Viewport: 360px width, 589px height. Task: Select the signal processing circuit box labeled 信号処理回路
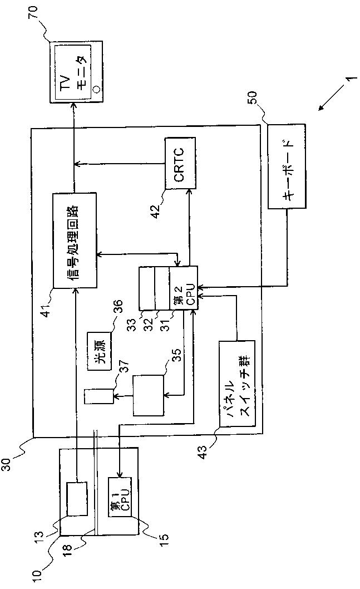click(x=76, y=240)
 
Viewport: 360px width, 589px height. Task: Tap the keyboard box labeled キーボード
click(x=286, y=166)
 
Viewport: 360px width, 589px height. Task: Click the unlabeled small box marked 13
click(x=77, y=499)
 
